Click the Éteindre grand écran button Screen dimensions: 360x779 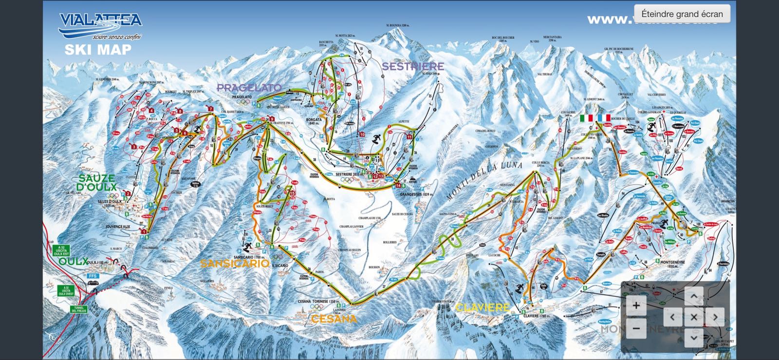pos(682,14)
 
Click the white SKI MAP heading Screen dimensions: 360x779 pos(98,50)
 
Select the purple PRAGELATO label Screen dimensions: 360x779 pos(249,88)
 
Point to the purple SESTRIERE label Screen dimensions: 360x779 pos(413,66)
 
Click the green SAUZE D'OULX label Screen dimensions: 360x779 pos(96,182)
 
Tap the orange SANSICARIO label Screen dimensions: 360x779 pos(234,264)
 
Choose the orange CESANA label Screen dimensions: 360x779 pos(334,319)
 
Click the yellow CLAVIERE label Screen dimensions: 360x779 pos(482,307)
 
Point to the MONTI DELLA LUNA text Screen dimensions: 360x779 pos(484,181)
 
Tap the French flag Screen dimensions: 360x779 pos(604,118)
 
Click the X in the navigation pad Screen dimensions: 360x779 pos(694,317)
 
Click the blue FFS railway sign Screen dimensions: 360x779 pos(93,276)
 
